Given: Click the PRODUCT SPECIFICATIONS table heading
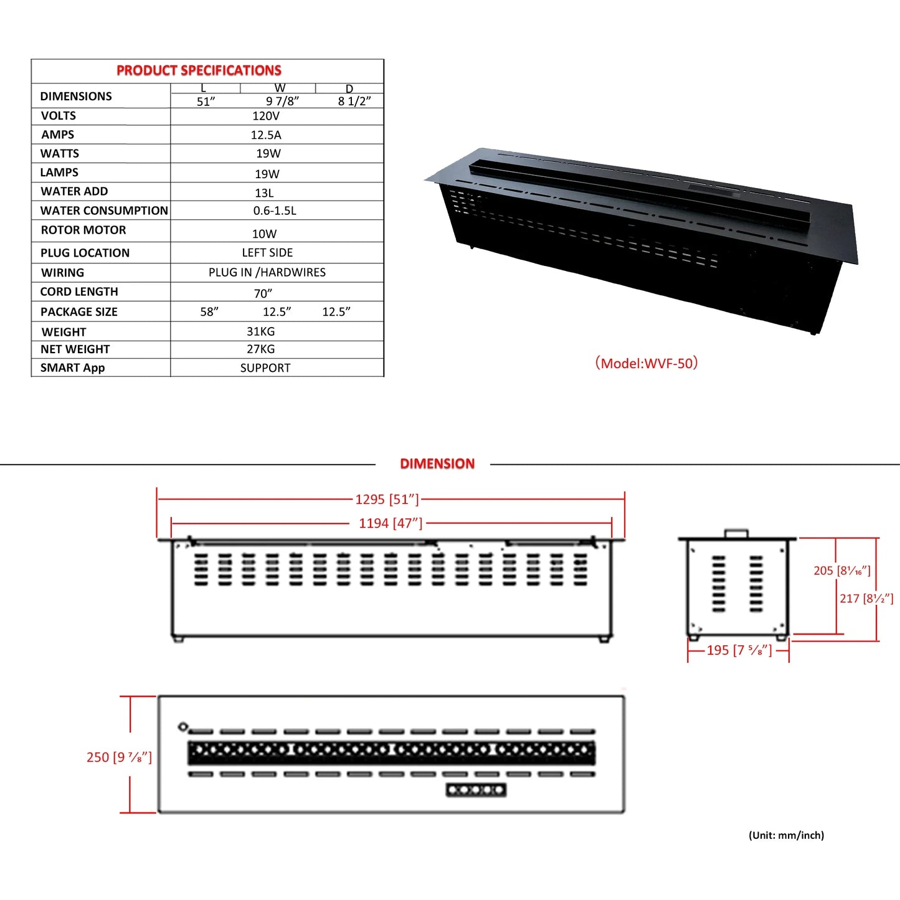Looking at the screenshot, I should pos(199,70).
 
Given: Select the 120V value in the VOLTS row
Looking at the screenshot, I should pos(266,116).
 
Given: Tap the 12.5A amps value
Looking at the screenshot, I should pos(266,135).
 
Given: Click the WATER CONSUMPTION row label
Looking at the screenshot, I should pos(104,211).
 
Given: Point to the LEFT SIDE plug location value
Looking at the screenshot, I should pos(267,252).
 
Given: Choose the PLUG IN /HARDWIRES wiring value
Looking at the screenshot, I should pos(267,272).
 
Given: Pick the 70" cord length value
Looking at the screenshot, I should pos(263,293).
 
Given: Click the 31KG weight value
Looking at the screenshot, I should pos(261,331).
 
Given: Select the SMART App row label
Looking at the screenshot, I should pos(72,367).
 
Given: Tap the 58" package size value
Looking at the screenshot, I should pos(209,311).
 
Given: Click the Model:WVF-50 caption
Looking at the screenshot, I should pos(647,363).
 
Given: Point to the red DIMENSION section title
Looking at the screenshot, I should pos(437,463).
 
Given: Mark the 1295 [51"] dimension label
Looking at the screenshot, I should pos(387,500).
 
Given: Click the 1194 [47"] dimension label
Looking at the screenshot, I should pos(391,523).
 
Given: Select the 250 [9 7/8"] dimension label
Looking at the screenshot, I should pos(119,757).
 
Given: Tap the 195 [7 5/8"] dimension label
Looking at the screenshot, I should pos(739,650).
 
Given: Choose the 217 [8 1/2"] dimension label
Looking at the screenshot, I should pos(866,599).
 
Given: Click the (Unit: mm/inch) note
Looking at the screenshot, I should pos(786,835).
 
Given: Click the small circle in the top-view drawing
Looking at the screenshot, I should pos(183,727).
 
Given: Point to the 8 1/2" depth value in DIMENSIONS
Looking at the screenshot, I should pos(354,102).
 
